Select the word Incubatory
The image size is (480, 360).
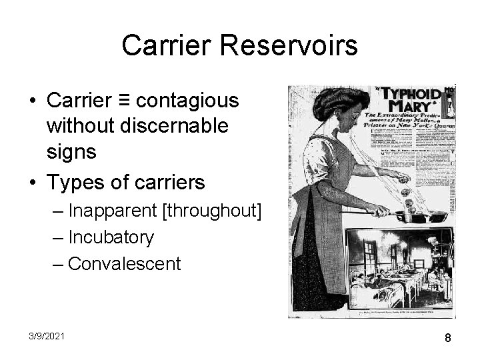pyautogui.click(x=111, y=237)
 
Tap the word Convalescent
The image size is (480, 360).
pyautogui.click(x=124, y=263)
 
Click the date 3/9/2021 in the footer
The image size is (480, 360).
pyautogui.click(x=46, y=337)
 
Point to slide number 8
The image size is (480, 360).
pyautogui.click(x=448, y=337)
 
